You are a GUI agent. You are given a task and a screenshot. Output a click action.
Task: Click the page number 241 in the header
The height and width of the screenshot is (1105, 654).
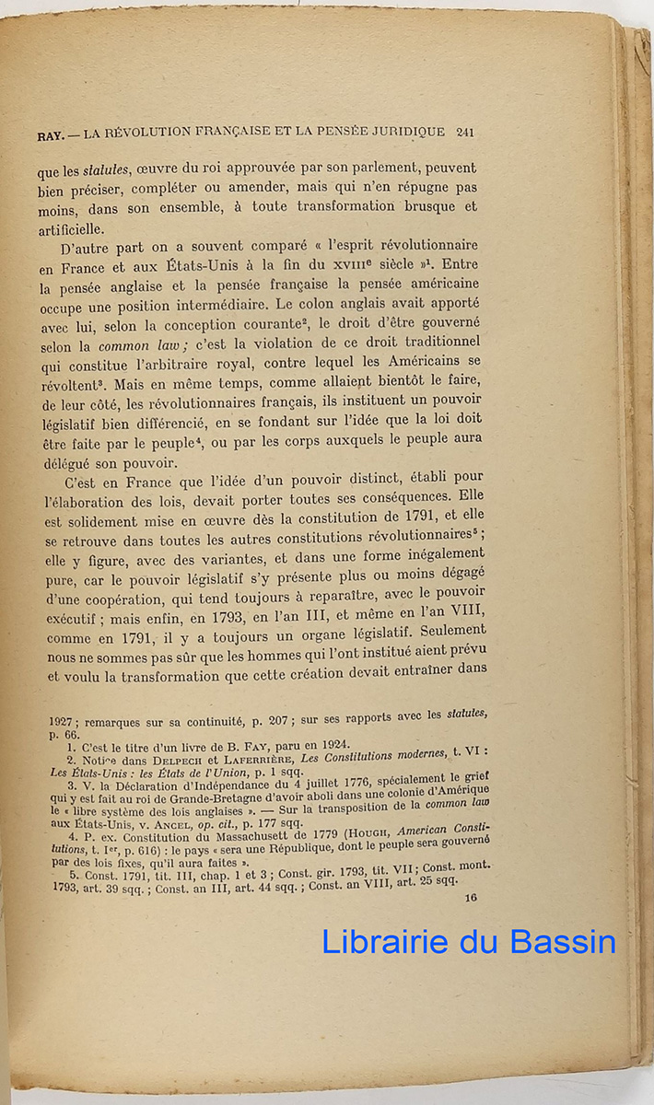[x=464, y=132]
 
